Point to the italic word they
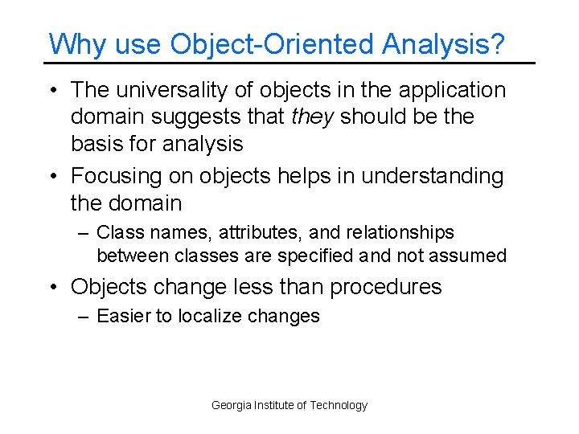click(x=313, y=117)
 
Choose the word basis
click(x=97, y=145)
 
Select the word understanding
click(x=433, y=176)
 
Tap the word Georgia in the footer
click(x=231, y=405)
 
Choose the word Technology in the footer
click(x=339, y=405)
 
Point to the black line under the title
click(x=289, y=63)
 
